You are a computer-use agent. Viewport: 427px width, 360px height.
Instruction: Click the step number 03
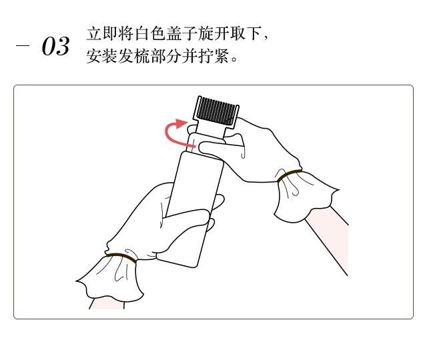55,46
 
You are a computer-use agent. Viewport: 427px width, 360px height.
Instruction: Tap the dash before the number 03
22,45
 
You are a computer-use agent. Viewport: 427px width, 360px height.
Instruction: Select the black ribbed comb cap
216,112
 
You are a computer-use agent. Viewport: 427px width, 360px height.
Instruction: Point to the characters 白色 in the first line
150,33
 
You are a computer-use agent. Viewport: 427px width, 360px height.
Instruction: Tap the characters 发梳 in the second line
134,56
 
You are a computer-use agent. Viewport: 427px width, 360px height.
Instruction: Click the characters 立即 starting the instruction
102,33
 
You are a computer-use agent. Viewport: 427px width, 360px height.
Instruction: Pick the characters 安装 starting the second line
102,56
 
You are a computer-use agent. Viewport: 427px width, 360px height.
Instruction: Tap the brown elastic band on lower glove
121,257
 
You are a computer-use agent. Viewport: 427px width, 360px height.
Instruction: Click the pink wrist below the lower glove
107,303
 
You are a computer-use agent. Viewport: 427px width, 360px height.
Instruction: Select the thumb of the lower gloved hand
188,218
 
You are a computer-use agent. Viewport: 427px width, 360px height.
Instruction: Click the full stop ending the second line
234,59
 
